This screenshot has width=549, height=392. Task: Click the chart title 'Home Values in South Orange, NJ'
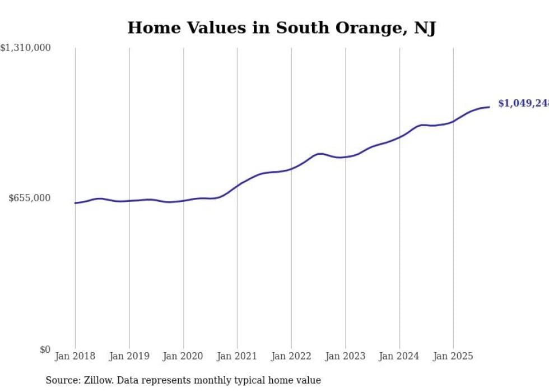[x=281, y=27]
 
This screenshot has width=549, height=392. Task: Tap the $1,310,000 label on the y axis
[x=26, y=48]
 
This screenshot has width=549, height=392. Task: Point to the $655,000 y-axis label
[x=30, y=198]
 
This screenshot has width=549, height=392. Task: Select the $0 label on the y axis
[x=45, y=349]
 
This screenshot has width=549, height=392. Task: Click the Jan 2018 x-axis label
[x=75, y=356]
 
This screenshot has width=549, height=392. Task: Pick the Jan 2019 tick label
[x=129, y=356]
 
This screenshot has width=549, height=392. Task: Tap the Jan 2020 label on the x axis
[x=183, y=356]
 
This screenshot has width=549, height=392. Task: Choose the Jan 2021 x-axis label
[x=237, y=356]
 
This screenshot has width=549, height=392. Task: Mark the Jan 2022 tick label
[x=291, y=356]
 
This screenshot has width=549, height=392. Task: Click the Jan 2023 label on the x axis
[x=345, y=356]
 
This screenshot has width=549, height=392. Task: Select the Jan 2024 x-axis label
[x=399, y=356]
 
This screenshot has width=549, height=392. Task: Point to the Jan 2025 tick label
[x=453, y=356]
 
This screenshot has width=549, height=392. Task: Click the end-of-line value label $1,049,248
[x=523, y=103]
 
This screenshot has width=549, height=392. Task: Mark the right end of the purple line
[x=489, y=107]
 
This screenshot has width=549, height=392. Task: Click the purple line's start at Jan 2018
[x=75, y=203]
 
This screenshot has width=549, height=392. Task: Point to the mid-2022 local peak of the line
[x=320, y=154]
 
